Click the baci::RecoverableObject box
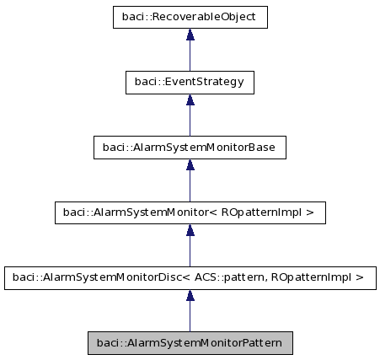[190, 17]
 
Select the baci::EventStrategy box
[190, 82]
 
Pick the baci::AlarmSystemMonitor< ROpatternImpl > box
[190, 212]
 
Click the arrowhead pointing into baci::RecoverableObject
[190, 35]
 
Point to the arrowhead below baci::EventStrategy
[190, 99]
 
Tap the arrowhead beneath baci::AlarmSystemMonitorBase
[190, 164]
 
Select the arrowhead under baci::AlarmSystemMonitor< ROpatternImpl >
[190, 229]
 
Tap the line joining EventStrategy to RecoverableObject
[190, 56]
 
